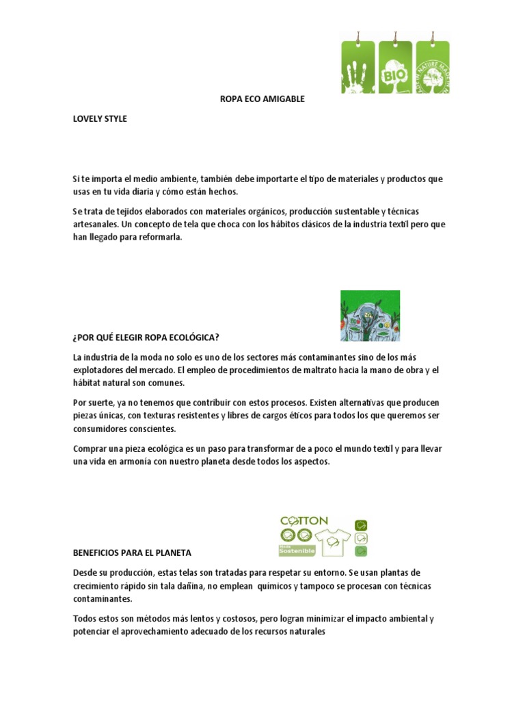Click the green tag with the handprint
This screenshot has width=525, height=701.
[x=358, y=67]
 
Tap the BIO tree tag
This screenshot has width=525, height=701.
[x=395, y=67]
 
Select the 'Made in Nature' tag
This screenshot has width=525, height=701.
[x=432, y=67]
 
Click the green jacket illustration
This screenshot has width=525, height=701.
[x=370, y=316]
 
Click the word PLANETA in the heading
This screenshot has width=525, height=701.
[x=171, y=552]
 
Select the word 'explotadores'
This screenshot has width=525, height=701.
[x=98, y=370]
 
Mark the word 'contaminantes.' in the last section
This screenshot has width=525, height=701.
[x=102, y=598]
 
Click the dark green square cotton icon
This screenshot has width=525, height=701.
[x=362, y=550]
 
